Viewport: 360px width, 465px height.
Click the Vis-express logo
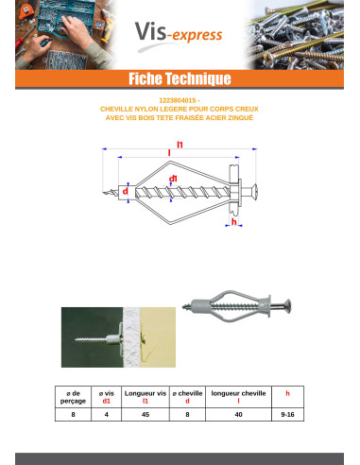coord(179,34)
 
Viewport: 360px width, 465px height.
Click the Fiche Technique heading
coord(180,78)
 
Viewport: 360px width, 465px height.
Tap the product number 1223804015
coord(178,100)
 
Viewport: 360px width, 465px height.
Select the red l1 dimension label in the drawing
coord(180,145)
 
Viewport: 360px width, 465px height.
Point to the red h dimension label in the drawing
coord(234,221)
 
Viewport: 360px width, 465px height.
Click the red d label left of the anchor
coord(126,191)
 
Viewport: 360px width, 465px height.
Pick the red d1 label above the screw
coord(173,179)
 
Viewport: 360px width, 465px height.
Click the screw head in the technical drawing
coord(254,191)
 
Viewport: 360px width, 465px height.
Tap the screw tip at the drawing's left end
coord(104,192)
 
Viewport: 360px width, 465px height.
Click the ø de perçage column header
coord(73,397)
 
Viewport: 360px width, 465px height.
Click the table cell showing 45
coord(146,414)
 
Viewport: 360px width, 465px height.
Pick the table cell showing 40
coord(238,414)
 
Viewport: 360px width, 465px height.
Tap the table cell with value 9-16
coord(287,414)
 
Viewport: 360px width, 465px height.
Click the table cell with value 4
coord(107,414)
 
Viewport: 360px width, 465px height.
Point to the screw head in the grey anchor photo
coord(287,305)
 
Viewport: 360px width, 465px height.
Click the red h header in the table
coord(287,393)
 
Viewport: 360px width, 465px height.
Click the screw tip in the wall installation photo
coord(77,339)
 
